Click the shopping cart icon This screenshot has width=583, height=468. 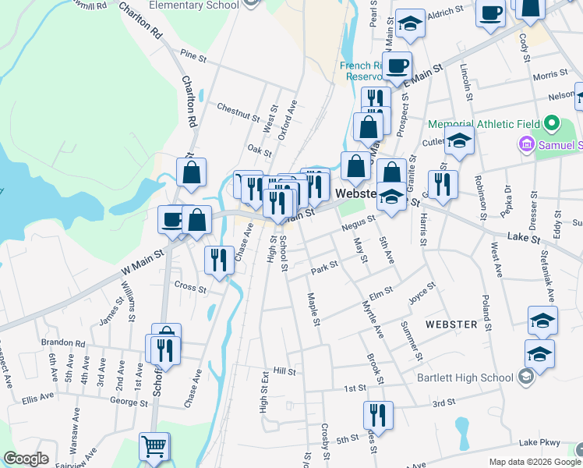point(154,447)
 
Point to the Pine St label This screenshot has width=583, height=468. point(193,57)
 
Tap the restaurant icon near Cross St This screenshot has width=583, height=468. point(219,260)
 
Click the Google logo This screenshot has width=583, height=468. point(26,459)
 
